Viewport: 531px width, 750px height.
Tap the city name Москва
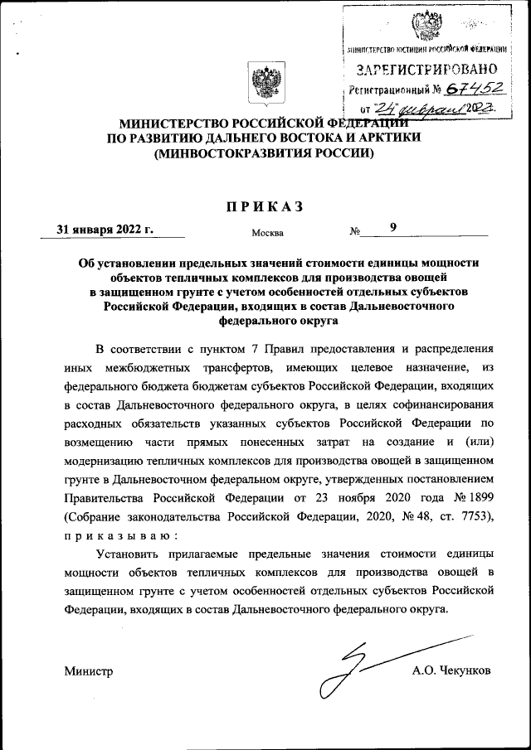(x=266, y=233)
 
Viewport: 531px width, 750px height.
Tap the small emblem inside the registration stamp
(x=428, y=26)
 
